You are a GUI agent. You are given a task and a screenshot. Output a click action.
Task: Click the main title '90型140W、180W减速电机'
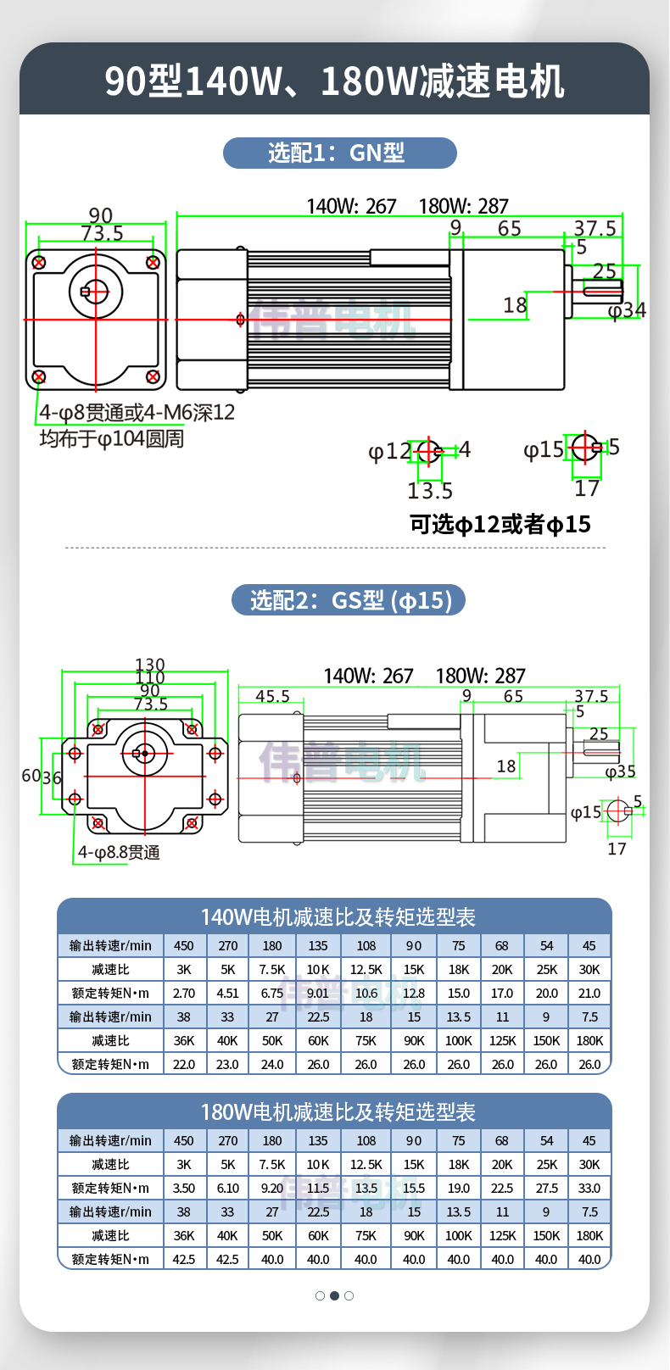tap(334, 81)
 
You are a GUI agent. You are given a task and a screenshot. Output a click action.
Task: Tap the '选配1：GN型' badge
tap(339, 153)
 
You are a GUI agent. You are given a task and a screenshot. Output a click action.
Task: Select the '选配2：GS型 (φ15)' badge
tap(349, 600)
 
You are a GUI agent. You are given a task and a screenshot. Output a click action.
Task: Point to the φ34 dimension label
tap(628, 310)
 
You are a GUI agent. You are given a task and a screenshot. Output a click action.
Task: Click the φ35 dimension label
tap(621, 771)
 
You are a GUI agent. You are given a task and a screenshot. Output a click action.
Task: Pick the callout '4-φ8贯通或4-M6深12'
tap(137, 413)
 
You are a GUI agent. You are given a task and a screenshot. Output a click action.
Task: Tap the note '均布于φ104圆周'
tap(112, 438)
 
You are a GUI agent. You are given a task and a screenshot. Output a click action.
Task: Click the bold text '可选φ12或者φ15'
tap(500, 524)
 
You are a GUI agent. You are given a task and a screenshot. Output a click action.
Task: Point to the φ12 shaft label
tap(389, 451)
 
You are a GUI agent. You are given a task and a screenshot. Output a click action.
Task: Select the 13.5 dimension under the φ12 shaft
tap(430, 491)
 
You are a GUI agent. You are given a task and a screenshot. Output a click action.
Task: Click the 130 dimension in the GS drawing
tap(150, 665)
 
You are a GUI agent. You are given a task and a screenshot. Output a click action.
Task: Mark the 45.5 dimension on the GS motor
tap(273, 696)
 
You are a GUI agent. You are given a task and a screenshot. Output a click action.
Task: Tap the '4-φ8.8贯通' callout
tap(119, 852)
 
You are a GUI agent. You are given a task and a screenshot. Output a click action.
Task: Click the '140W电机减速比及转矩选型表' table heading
tap(338, 917)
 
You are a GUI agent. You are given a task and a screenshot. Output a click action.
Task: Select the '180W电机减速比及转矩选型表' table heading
tap(338, 1112)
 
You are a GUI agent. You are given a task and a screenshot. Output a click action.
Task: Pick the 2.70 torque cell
tap(184, 993)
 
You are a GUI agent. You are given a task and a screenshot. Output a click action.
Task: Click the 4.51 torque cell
tap(228, 993)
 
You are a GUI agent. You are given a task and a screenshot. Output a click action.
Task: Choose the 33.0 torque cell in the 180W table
tap(589, 1188)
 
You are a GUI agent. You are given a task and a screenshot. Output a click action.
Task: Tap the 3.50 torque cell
tap(184, 1188)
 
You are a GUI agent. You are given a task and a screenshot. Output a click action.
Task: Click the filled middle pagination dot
tap(334, 1295)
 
